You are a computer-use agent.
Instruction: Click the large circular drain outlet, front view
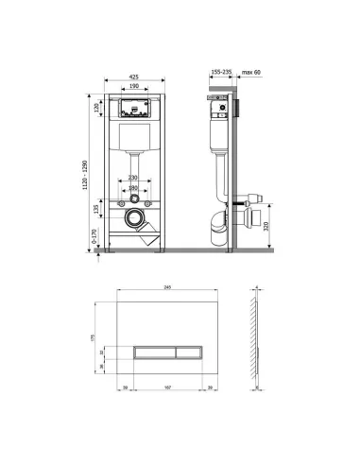point(136,220)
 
